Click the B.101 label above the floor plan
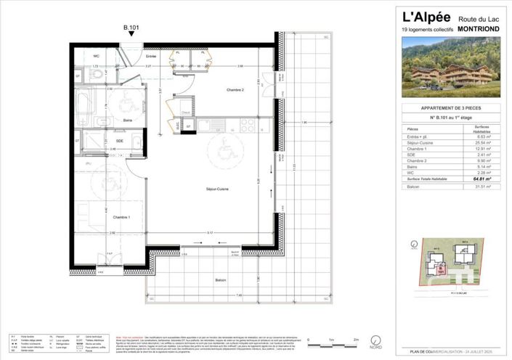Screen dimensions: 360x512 point(131,29)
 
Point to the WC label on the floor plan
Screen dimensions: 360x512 point(95,56)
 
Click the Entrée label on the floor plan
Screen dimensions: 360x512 point(152,56)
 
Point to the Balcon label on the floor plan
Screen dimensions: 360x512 point(219,279)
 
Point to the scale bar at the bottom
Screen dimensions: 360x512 point(333,341)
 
